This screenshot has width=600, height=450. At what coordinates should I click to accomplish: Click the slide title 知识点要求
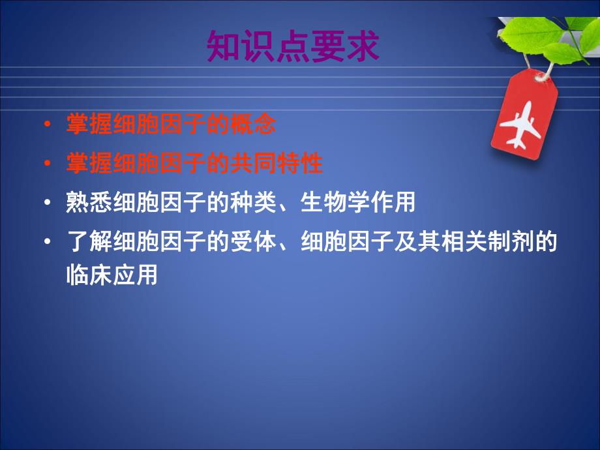[x=293, y=46]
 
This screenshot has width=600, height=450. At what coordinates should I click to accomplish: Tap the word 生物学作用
[x=358, y=203]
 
